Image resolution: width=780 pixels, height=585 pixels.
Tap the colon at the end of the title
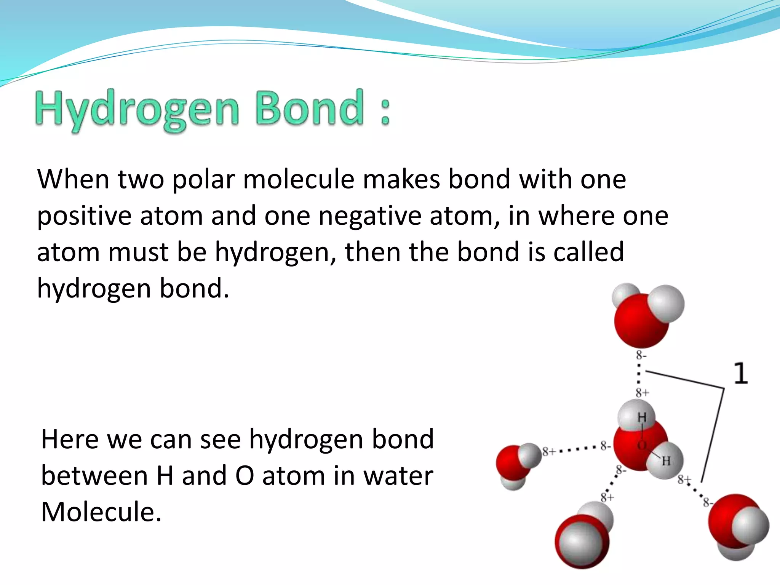click(x=385, y=112)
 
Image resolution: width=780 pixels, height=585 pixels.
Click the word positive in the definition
click(x=84, y=216)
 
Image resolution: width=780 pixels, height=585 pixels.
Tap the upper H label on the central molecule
click(x=642, y=418)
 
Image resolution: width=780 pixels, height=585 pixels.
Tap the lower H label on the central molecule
click(x=666, y=461)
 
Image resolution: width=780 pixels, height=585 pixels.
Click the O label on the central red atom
click(x=641, y=445)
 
